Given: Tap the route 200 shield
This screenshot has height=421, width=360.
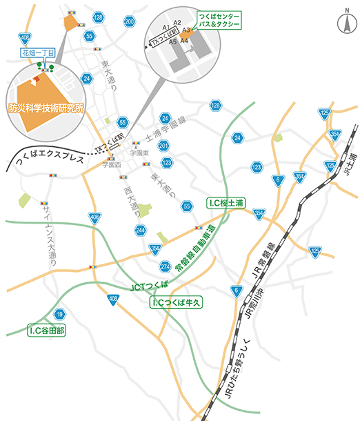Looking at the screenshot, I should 129,21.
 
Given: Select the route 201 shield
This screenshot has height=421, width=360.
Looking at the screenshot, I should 163,146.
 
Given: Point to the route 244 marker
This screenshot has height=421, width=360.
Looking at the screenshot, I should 141,230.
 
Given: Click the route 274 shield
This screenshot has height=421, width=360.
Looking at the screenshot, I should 165,266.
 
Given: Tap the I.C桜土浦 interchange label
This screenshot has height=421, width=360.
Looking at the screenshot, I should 227,203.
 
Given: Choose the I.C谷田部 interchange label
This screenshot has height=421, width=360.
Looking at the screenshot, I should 47,331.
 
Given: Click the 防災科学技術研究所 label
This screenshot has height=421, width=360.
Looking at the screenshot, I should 42,108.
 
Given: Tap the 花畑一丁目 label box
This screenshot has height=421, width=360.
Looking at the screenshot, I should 34,52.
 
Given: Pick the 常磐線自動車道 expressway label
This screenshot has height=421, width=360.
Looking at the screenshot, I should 197,248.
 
